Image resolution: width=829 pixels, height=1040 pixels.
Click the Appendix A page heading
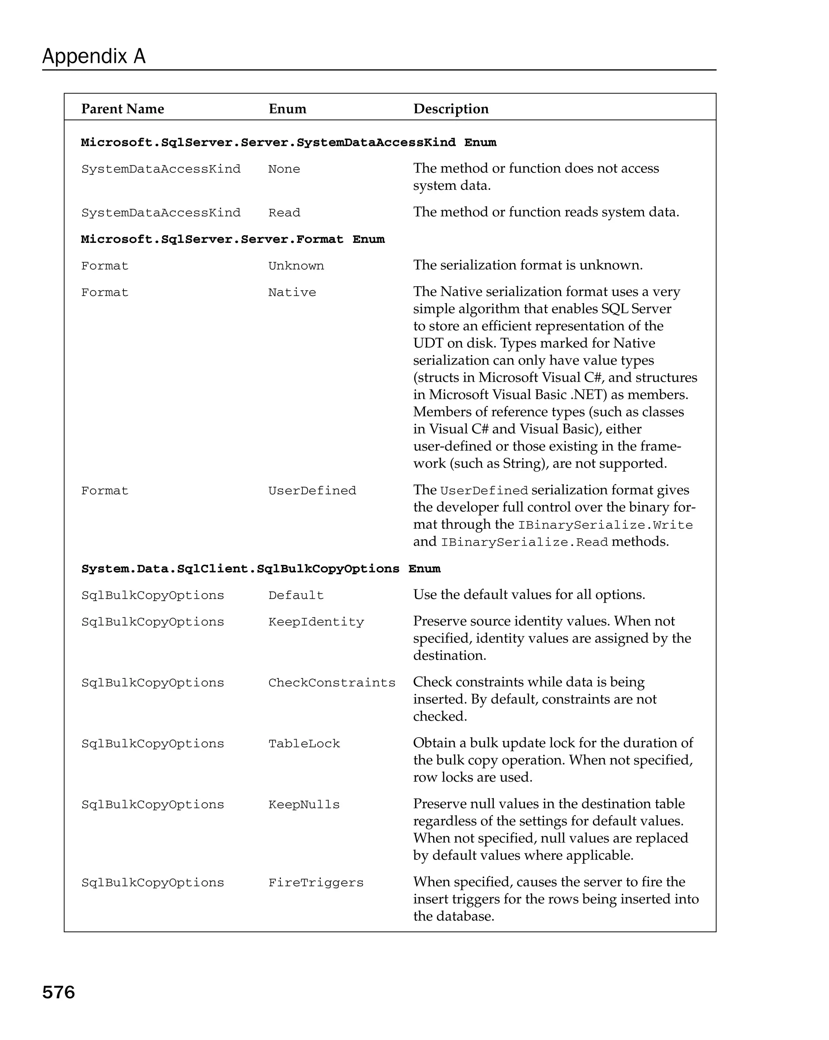(x=94, y=56)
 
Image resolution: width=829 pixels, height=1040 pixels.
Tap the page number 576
(x=58, y=992)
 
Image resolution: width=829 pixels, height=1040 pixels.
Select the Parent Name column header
(x=123, y=109)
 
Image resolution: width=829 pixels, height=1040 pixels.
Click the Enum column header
(x=287, y=109)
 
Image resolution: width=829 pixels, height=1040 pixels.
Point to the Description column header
(x=451, y=109)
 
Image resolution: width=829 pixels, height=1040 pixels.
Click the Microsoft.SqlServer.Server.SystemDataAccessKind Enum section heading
(x=288, y=143)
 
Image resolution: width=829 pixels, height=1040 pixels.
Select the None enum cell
(x=284, y=169)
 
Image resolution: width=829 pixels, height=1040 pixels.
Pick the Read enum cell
(x=284, y=213)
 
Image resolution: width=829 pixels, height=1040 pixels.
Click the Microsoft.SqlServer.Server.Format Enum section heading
(x=232, y=240)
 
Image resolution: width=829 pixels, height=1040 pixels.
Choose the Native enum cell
(x=292, y=293)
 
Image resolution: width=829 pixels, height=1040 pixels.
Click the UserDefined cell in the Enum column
(x=312, y=491)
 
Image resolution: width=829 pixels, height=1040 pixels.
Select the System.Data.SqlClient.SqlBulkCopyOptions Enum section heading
(x=260, y=569)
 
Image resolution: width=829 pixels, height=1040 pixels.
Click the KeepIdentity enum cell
(x=316, y=622)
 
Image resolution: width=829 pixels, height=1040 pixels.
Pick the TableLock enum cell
(x=304, y=744)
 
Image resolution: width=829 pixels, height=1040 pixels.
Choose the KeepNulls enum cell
(x=304, y=805)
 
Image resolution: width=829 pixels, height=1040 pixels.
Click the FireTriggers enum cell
(x=315, y=883)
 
